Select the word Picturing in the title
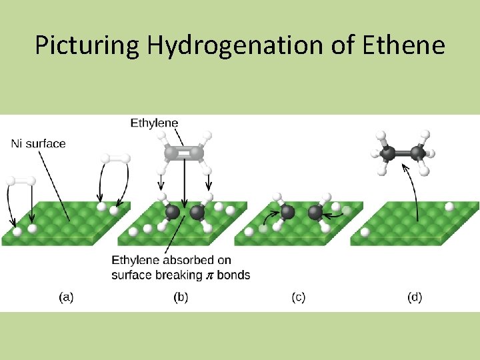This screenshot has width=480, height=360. coord(87,45)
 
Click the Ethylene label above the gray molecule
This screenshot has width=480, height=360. coord(154,123)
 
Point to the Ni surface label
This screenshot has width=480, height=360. coord(39,143)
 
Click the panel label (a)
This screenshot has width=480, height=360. coord(66,297)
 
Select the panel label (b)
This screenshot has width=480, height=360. coord(181,297)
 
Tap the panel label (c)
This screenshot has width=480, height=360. coord(298,297)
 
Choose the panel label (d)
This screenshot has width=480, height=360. coord(414,297)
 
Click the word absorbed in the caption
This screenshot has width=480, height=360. coord(179,260)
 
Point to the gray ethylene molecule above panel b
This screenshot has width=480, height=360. coord(184,153)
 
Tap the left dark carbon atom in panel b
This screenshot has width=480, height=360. coord(172,212)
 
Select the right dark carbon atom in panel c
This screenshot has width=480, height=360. coord(316,213)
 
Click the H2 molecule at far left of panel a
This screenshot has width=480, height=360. coord(21,181)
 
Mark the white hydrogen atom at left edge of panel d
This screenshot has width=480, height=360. coord(365,232)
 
